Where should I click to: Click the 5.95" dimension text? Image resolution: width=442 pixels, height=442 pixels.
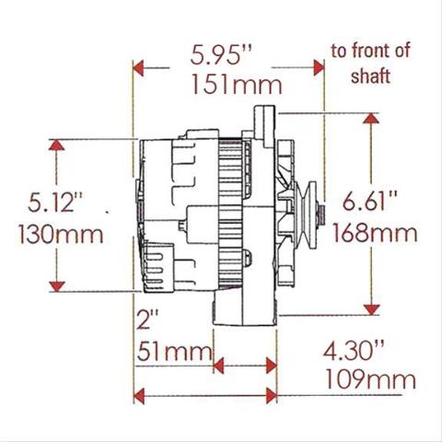(x=221, y=55)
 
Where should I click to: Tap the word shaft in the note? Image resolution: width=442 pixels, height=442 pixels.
(x=371, y=76)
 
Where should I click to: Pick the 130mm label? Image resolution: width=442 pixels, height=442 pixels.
(x=61, y=234)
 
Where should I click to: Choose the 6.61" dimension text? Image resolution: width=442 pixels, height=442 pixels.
(x=370, y=201)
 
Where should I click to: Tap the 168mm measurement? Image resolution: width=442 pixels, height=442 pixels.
(x=375, y=233)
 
